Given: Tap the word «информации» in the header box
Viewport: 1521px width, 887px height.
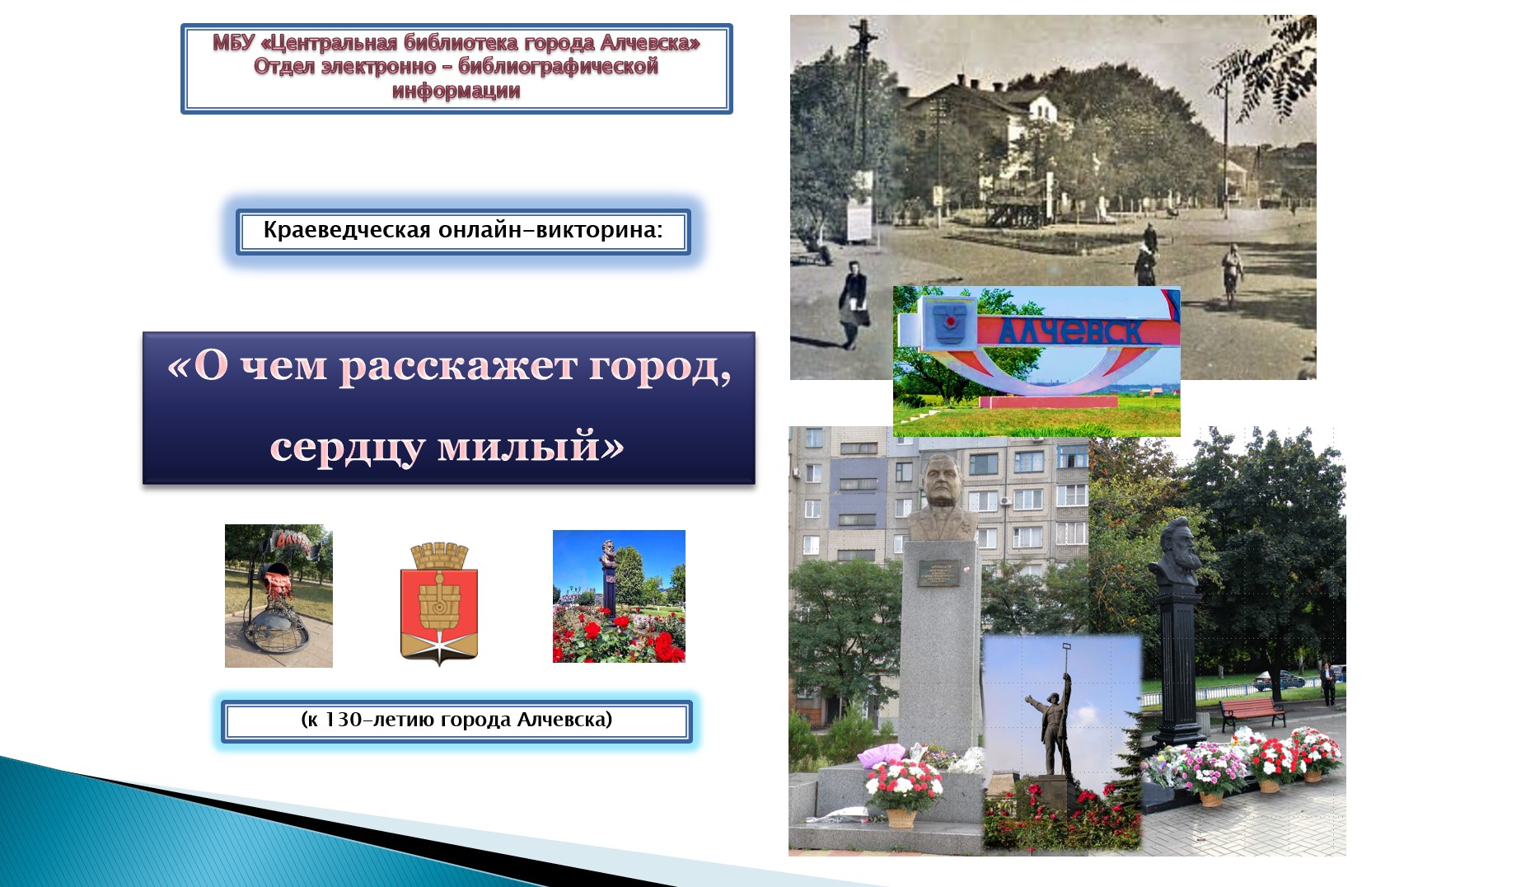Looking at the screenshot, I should (x=456, y=91).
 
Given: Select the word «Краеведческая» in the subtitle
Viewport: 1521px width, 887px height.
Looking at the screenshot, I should (x=347, y=230).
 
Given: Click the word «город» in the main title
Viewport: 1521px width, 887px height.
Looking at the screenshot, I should (x=659, y=366).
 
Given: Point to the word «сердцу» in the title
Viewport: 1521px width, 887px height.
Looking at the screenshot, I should (x=347, y=447).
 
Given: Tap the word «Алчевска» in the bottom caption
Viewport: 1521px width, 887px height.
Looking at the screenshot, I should (x=564, y=720).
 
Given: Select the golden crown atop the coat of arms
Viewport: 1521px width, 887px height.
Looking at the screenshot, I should (x=439, y=555).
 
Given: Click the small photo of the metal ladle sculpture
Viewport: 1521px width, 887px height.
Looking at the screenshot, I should (x=278, y=596).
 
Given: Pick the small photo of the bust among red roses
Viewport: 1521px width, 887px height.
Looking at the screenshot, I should (x=619, y=596).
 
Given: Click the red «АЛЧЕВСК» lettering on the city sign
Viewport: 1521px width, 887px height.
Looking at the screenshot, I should (x=1071, y=331).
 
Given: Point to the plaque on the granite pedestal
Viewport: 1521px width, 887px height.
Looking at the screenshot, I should (x=938, y=572).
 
